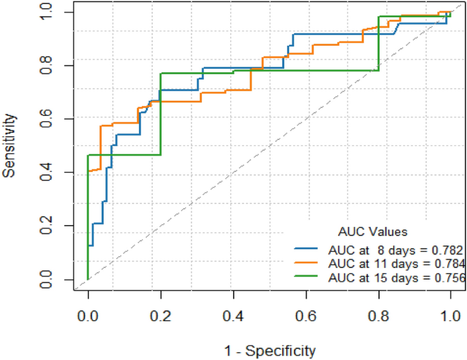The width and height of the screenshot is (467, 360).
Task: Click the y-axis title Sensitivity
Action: click(10, 146)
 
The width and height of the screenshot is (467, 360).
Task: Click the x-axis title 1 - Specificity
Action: click(270, 350)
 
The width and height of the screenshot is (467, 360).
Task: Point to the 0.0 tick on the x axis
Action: click(88, 318)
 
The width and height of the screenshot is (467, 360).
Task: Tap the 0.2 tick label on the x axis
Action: click(160, 318)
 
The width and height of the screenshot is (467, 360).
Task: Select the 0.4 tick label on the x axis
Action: click(233, 318)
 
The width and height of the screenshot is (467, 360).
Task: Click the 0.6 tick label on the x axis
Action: click(305, 318)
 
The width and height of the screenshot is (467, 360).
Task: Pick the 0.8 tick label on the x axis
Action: click(378, 318)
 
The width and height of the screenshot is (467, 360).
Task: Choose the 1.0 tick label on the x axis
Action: click(450, 318)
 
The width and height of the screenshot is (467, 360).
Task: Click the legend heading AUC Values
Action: click(372, 232)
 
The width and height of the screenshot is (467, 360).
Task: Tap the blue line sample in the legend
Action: click(308, 250)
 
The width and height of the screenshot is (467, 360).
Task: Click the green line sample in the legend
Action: click(308, 277)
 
